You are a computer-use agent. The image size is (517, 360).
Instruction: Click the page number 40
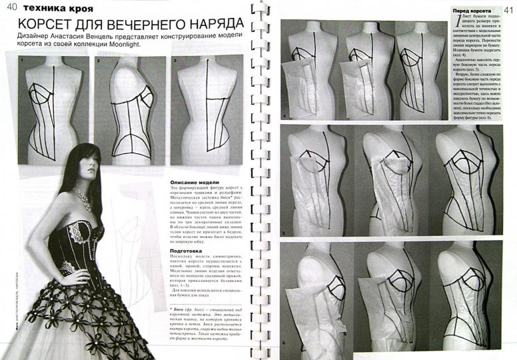tap(11, 8)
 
